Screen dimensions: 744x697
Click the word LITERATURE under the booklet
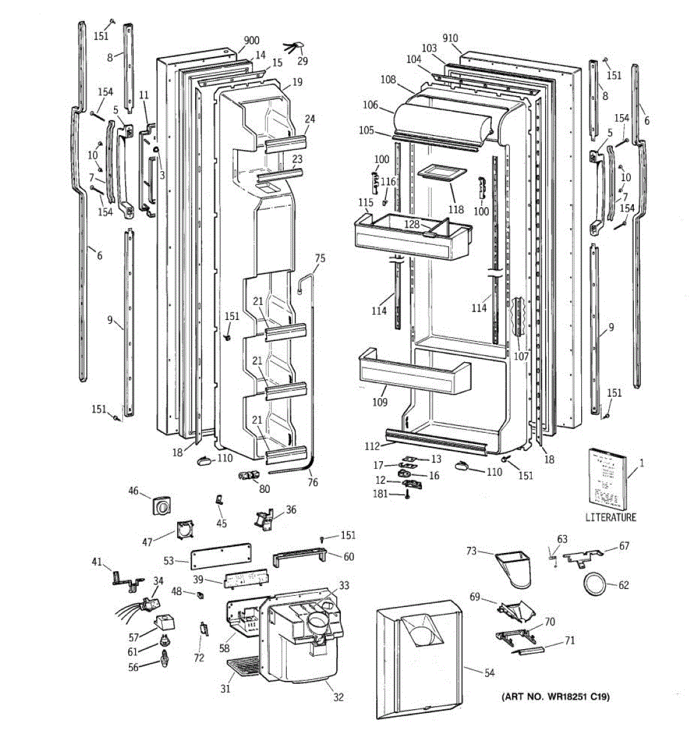click(x=610, y=517)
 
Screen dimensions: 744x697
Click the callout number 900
click(x=251, y=41)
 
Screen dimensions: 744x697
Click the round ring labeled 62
click(x=595, y=584)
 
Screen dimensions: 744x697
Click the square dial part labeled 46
click(x=161, y=507)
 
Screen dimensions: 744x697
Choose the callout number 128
click(x=413, y=223)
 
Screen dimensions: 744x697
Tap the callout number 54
click(x=489, y=673)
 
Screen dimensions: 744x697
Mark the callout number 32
click(x=338, y=697)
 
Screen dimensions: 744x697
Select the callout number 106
click(x=370, y=105)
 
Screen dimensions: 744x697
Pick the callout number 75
click(x=320, y=258)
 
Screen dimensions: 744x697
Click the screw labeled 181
click(x=408, y=495)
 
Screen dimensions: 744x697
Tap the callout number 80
click(x=265, y=489)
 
